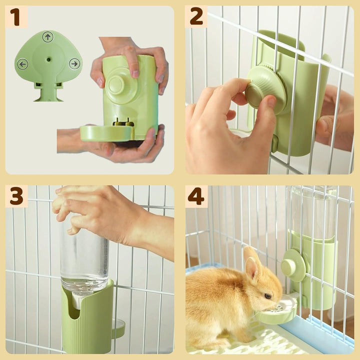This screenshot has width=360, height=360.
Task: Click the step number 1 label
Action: [16, 17]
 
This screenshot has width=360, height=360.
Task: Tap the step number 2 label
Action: [196, 17]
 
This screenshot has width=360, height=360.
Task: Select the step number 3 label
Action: [16, 196]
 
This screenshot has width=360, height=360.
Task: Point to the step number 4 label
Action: [196, 196]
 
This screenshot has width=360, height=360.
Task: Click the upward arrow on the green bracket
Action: [48, 37]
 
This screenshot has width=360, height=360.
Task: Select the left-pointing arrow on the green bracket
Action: [22, 64]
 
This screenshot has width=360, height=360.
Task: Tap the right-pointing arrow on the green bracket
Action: [74, 64]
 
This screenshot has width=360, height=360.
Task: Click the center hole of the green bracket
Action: [48, 58]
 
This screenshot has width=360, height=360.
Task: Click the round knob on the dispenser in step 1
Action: [116, 85]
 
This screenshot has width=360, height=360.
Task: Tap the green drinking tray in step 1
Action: [106, 133]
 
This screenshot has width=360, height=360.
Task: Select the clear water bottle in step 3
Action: [84, 260]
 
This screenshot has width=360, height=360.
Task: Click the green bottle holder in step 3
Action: [87, 320]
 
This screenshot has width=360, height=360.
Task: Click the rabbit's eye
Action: [267, 296]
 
